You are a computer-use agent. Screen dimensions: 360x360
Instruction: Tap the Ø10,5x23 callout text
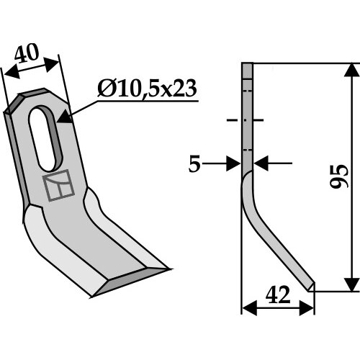[147, 89]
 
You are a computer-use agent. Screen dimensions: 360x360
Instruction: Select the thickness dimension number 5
[194, 164]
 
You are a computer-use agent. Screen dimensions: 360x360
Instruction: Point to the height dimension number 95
[338, 176]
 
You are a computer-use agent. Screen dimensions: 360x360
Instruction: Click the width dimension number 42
[278, 294]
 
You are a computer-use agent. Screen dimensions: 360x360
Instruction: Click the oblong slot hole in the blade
[45, 138]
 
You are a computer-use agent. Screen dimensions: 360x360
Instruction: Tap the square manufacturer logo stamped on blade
[58, 185]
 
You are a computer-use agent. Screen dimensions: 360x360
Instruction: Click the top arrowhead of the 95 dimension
[352, 70]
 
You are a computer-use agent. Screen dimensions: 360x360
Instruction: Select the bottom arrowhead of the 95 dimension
[352, 284]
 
